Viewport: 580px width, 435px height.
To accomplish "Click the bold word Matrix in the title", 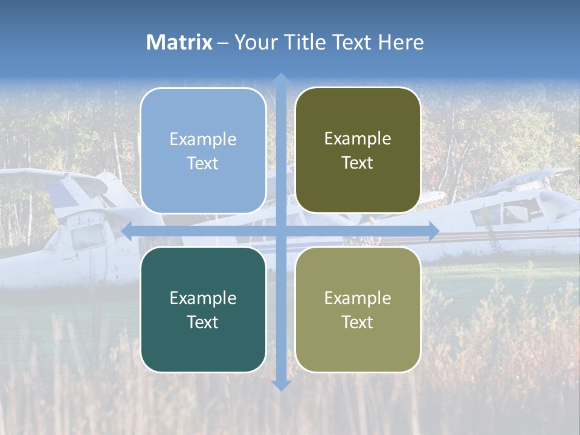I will (179, 42).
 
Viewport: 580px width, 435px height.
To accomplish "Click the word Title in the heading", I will (306, 42).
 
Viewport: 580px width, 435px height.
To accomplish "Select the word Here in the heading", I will (401, 42).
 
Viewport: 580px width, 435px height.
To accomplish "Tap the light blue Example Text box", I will (203, 150).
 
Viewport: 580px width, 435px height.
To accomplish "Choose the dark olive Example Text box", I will (358, 150).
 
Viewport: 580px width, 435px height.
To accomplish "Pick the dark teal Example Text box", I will (203, 309).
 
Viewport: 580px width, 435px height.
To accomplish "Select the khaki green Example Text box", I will (358, 309).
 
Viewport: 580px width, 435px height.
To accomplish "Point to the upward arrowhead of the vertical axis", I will (280, 78).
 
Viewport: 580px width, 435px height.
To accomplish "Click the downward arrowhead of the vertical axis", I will (280, 385).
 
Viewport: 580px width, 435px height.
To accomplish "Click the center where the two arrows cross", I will (280, 230).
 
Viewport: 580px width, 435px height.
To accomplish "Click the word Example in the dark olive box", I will (358, 139).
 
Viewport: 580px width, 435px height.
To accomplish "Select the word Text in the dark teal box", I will (203, 322).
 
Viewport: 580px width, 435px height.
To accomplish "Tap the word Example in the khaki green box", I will (358, 298).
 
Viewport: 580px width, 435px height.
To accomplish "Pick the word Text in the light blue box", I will (203, 163).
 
